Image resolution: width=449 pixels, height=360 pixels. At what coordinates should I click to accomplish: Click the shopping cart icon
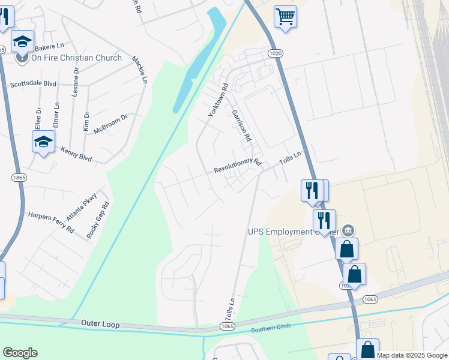285,16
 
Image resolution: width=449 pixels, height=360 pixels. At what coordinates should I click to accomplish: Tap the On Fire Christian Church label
76,58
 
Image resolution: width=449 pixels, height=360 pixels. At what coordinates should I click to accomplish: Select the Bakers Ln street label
49,46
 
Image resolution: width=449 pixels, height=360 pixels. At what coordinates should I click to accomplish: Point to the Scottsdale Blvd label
33,85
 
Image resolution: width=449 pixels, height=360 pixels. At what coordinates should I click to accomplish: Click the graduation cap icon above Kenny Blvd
43,142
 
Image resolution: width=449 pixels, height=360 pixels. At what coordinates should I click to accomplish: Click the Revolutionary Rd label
238,166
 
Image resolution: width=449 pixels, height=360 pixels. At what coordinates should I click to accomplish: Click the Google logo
20,353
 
